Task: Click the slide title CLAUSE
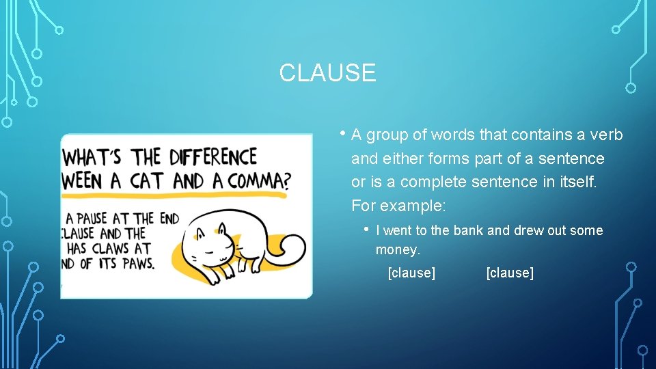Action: pyautogui.click(x=327, y=72)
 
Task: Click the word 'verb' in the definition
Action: pyautogui.click(x=607, y=135)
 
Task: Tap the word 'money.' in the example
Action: pyautogui.click(x=398, y=250)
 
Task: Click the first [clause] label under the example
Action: pyautogui.click(x=411, y=273)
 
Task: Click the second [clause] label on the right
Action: pyautogui.click(x=510, y=273)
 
